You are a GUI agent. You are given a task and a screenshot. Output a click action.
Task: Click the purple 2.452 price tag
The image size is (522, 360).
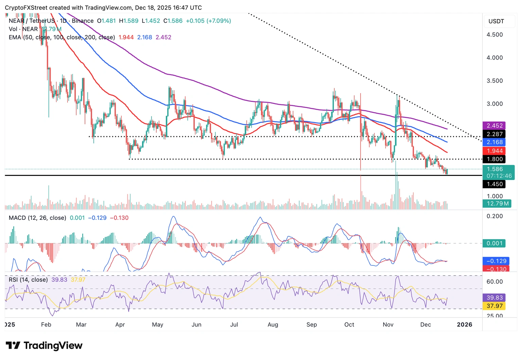click(x=494, y=126)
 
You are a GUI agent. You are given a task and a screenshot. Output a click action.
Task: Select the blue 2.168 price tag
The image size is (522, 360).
click(x=494, y=142)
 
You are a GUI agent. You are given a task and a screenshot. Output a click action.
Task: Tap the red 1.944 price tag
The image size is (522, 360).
click(x=494, y=151)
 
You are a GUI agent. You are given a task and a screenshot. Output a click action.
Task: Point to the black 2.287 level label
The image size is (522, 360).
click(x=494, y=134)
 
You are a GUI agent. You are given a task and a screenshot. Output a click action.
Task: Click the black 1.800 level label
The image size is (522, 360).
click(x=494, y=159)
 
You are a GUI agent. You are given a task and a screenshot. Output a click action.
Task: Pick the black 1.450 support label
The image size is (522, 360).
click(x=494, y=184)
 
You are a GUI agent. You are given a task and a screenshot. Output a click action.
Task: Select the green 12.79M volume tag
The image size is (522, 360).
click(x=497, y=203)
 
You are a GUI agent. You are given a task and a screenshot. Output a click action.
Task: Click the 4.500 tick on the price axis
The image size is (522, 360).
click(x=494, y=35)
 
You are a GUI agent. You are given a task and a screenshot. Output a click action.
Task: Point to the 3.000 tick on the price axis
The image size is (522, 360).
click(x=494, y=104)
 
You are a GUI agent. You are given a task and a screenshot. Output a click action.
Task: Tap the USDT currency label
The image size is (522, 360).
click(x=496, y=21)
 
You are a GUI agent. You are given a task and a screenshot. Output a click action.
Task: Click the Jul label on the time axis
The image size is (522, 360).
click(x=234, y=325)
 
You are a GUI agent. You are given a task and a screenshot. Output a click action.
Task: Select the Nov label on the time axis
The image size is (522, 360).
click(x=388, y=325)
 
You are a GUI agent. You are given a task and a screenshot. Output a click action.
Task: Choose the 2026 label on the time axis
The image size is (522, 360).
click(x=464, y=325)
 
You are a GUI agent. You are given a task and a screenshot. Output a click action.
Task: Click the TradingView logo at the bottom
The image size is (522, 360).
click(x=44, y=346)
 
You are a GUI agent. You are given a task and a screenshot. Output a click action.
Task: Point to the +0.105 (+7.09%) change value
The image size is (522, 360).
click(x=208, y=21)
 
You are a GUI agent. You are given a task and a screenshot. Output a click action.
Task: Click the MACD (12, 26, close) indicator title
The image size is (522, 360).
click(x=37, y=218)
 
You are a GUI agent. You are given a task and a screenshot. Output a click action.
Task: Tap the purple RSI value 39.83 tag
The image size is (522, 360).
click(x=494, y=298)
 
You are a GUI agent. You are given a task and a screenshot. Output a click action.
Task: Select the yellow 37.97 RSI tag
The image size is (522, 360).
click(x=494, y=306)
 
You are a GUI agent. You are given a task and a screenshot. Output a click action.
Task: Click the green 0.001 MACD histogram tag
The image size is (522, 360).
click(x=494, y=244)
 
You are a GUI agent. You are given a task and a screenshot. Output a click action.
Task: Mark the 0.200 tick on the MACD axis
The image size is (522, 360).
click(x=494, y=216)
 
